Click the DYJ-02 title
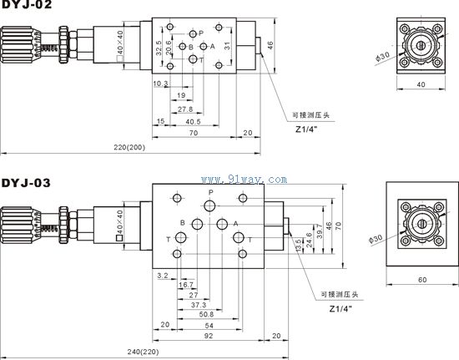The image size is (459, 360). [27, 4]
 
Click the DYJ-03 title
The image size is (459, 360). [26, 183]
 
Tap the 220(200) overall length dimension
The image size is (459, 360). [129, 147]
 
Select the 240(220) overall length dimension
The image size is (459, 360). [144, 352]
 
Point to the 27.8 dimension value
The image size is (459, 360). [185, 109]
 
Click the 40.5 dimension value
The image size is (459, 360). [193, 122]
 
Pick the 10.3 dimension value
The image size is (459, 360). [160, 84]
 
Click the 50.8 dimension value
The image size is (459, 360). [206, 315]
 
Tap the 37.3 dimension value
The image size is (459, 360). [199, 305]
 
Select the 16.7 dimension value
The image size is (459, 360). [186, 285]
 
